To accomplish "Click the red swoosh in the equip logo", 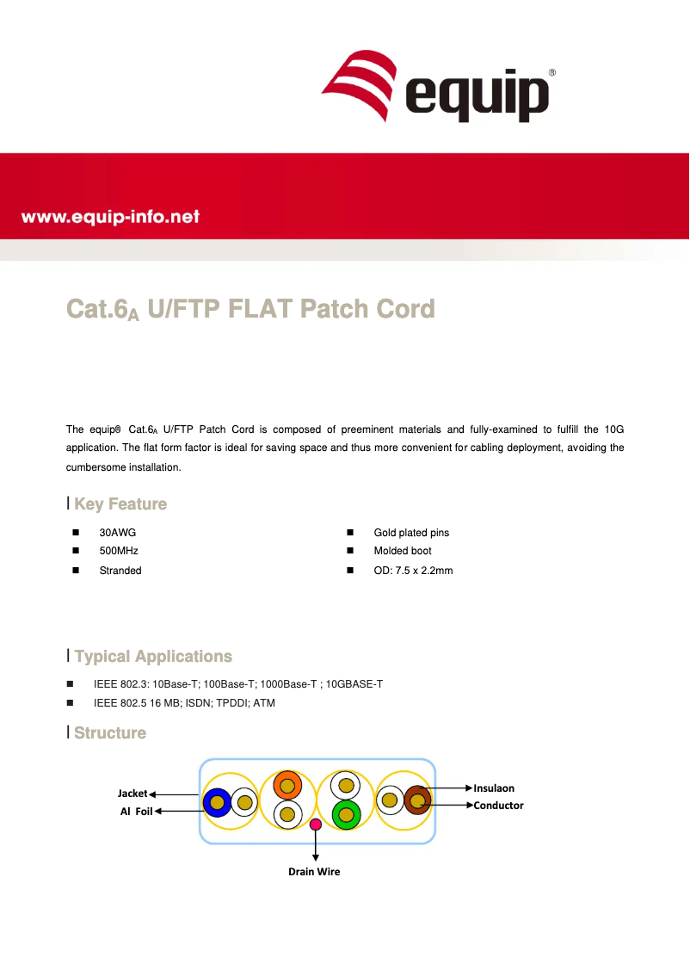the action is point(360,84).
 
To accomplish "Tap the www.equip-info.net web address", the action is point(110,217).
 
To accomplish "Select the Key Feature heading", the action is point(120,504).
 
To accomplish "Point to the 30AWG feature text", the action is point(118,533).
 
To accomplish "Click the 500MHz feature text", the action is point(119,551).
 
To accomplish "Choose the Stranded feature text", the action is point(120,571).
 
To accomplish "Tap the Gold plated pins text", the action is point(411,533).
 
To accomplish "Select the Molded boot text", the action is point(403,551).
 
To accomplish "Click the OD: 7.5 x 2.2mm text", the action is point(413,571).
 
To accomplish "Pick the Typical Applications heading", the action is point(153,657).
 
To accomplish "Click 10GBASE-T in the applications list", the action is point(354,684).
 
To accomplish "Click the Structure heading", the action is point(110,733).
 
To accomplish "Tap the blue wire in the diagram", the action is point(217,802).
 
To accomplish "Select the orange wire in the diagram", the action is point(287,786).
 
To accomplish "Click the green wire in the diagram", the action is point(347,814).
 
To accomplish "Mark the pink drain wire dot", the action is point(316,825).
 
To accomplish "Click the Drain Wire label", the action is point(314,872).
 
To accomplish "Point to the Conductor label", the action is point(498,806).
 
